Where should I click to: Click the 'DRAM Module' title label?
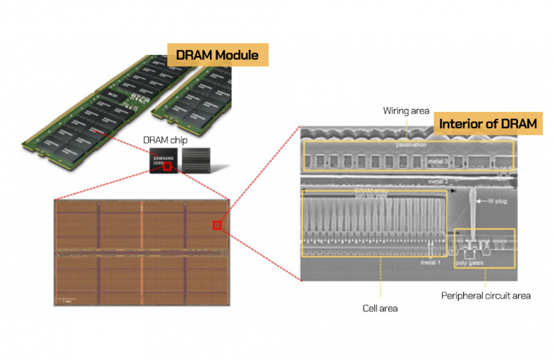pos(217,54)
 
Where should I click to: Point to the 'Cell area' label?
pos(379,308)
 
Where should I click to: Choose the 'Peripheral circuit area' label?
pos(485,296)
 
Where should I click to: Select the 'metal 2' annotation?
pos(439,181)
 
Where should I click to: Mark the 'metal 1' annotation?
pos(431,263)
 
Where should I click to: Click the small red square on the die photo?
pos(216,225)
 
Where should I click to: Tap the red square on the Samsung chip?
pos(167,167)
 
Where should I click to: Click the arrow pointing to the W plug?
pos(485,201)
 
